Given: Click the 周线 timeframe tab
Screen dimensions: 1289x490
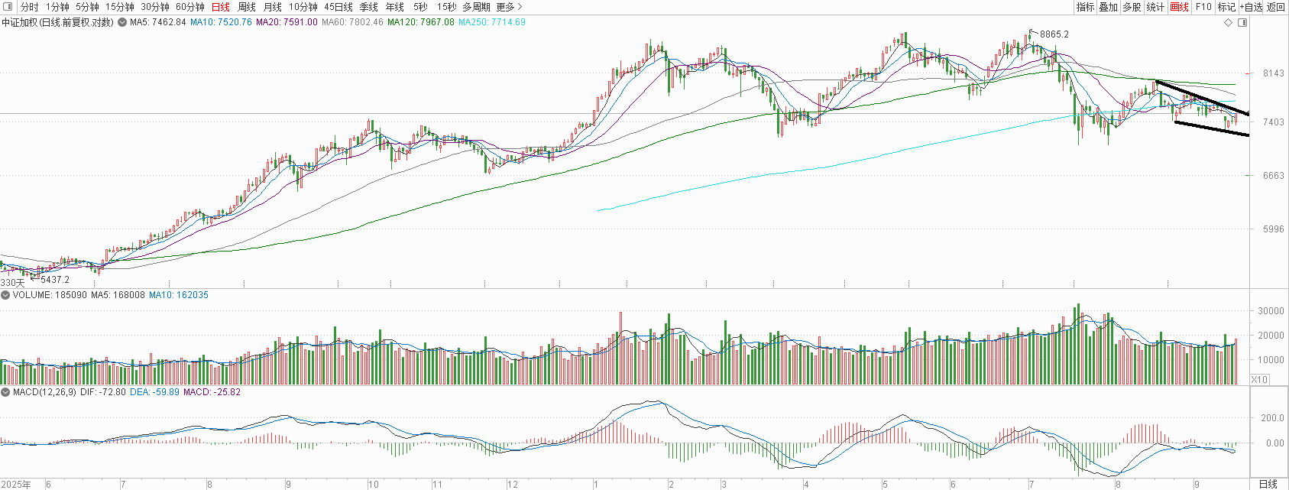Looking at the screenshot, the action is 246,7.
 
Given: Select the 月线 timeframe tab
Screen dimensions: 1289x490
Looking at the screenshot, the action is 272,7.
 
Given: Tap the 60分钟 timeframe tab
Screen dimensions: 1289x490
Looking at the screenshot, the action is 190,7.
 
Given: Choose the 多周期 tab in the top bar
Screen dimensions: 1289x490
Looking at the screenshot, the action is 476,7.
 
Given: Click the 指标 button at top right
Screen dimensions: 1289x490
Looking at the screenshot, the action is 1085,7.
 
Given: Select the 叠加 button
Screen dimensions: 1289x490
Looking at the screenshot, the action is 1109,7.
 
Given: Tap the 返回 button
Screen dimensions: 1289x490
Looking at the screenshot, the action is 1276,7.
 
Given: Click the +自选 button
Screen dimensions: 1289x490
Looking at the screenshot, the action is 1251,7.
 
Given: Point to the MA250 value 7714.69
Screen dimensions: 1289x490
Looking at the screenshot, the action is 506,22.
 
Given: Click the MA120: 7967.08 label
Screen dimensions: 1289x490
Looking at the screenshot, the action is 421,22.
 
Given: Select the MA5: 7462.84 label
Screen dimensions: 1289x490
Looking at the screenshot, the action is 157,22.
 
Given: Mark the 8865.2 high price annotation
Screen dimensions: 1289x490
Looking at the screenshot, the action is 1054,34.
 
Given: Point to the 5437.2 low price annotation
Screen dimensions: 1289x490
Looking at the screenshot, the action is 55,280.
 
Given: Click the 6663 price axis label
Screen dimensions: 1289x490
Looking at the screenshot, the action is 1269,176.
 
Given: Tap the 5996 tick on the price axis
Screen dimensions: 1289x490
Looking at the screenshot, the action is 1269,229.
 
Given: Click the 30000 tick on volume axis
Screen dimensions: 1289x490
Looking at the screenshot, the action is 1267,311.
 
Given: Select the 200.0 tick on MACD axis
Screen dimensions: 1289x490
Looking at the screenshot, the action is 1268,418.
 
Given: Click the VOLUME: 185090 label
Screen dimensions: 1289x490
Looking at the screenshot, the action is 50,295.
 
